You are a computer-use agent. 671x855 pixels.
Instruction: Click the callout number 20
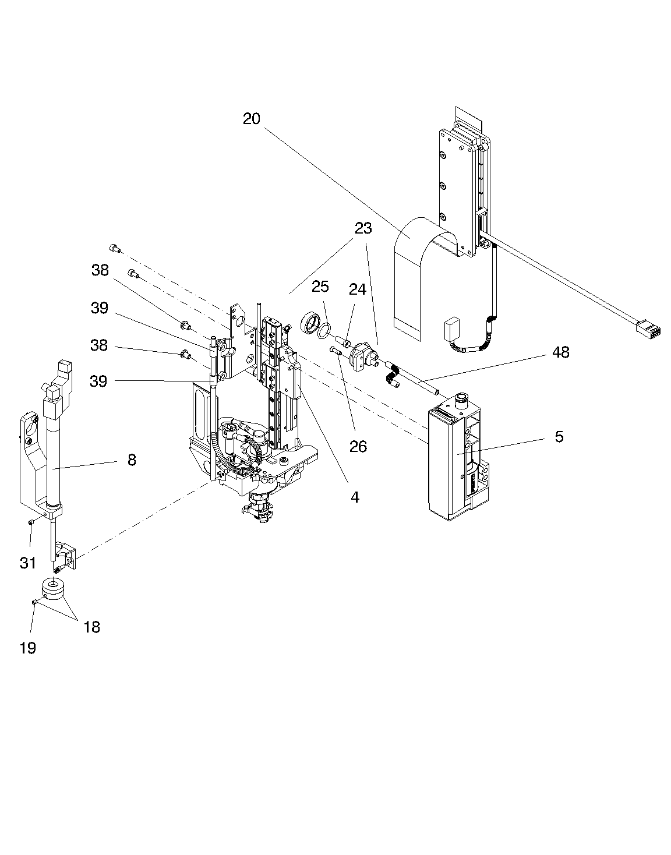(251, 118)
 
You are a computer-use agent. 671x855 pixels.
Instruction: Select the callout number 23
(363, 228)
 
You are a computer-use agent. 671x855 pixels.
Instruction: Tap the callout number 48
(560, 352)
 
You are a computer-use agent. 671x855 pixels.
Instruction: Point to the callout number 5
(559, 436)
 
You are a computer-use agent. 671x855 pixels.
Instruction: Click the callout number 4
(355, 497)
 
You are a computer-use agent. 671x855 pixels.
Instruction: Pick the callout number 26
(358, 446)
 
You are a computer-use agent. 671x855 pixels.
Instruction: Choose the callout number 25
(320, 287)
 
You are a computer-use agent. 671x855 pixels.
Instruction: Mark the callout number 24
(357, 289)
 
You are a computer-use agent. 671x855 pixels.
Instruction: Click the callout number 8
(132, 460)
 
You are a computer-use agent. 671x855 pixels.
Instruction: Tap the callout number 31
(28, 563)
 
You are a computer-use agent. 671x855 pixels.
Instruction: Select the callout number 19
(28, 648)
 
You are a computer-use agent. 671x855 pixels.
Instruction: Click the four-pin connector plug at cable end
(648, 327)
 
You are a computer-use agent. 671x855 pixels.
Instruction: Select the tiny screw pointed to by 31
(31, 522)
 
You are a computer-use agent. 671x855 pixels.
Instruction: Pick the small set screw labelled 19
(35, 602)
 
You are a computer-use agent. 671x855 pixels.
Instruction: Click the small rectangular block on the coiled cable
(451, 328)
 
